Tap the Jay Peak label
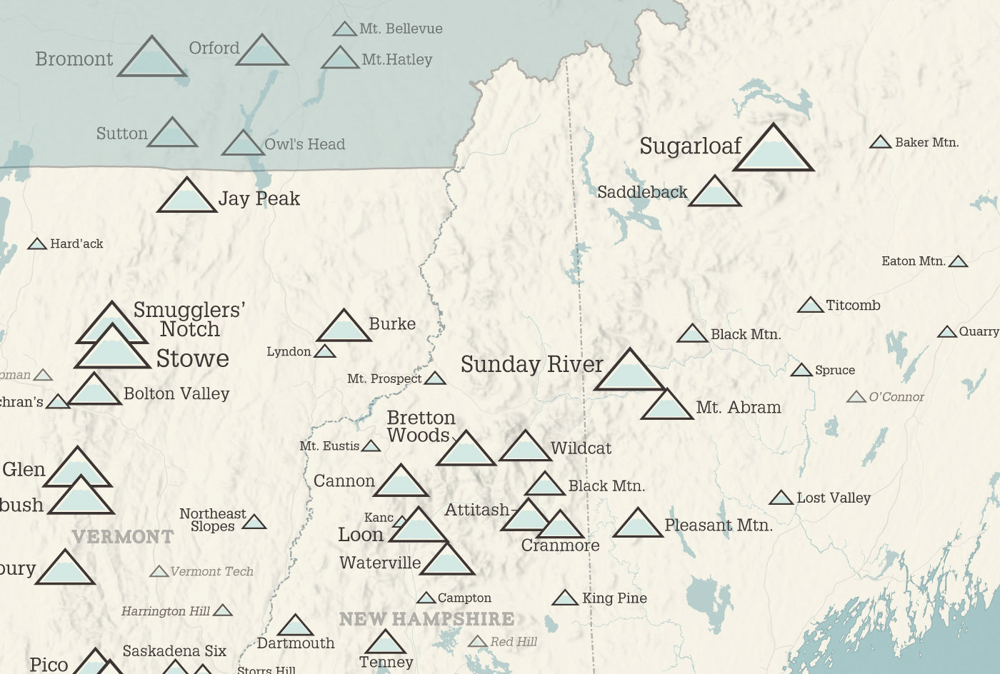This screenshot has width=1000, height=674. pyautogui.click(x=259, y=198)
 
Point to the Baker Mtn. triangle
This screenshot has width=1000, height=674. pyautogui.click(x=880, y=143)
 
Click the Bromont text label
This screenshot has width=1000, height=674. pyautogui.click(x=74, y=59)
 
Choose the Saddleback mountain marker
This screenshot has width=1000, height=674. pyautogui.click(x=714, y=193)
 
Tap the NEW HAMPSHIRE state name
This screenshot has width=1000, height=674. pyautogui.click(x=426, y=619)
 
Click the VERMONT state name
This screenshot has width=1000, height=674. pyautogui.click(x=123, y=537)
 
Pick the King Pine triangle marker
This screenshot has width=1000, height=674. pyautogui.click(x=565, y=598)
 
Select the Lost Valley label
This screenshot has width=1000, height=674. pyautogui.click(x=834, y=498)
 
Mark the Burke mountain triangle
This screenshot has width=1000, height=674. pyautogui.click(x=344, y=328)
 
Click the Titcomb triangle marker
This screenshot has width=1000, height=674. pyautogui.click(x=810, y=306)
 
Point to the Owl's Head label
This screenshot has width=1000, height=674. pyautogui.click(x=304, y=144)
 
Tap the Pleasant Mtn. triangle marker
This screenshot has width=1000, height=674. pyautogui.click(x=637, y=525)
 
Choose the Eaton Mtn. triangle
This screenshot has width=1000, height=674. pyautogui.click(x=958, y=262)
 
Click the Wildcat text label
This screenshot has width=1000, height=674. pyautogui.click(x=581, y=448)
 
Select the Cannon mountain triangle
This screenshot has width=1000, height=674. pyautogui.click(x=401, y=483)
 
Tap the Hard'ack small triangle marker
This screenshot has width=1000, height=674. pyautogui.click(x=37, y=244)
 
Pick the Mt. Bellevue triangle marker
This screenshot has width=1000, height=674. pyautogui.click(x=345, y=29)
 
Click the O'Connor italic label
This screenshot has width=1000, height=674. pyautogui.click(x=896, y=397)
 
